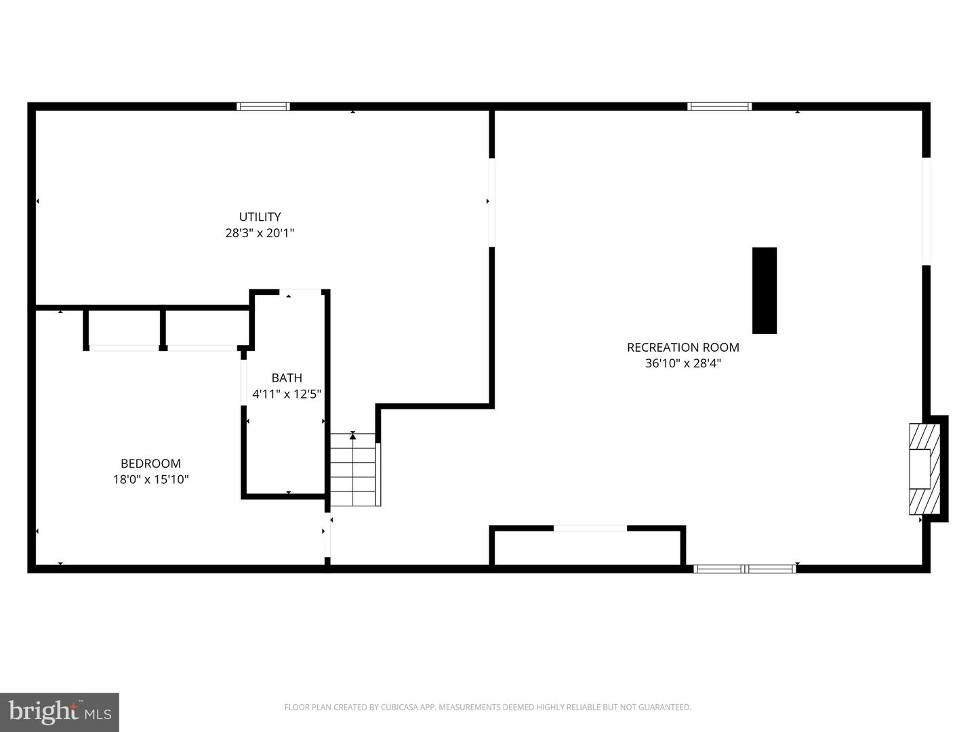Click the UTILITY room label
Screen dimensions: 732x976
[260, 217]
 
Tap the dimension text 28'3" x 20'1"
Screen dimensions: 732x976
[260, 233]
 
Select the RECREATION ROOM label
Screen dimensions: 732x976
[683, 347]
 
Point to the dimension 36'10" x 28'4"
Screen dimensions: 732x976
[683, 363]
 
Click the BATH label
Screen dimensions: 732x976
[287, 378]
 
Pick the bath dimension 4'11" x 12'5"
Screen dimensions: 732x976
[287, 394]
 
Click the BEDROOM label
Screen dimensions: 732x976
[150, 464]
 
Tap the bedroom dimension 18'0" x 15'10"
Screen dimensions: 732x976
[150, 480]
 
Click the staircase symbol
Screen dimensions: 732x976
[353, 470]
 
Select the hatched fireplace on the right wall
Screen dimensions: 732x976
[924, 469]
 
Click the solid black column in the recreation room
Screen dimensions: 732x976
[764, 290]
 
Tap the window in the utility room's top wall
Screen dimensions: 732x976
[263, 106]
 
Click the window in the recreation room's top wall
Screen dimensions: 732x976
[719, 106]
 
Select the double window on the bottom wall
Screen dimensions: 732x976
[744, 569]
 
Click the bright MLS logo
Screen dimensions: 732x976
[60, 712]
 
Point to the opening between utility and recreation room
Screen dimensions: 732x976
[491, 202]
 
